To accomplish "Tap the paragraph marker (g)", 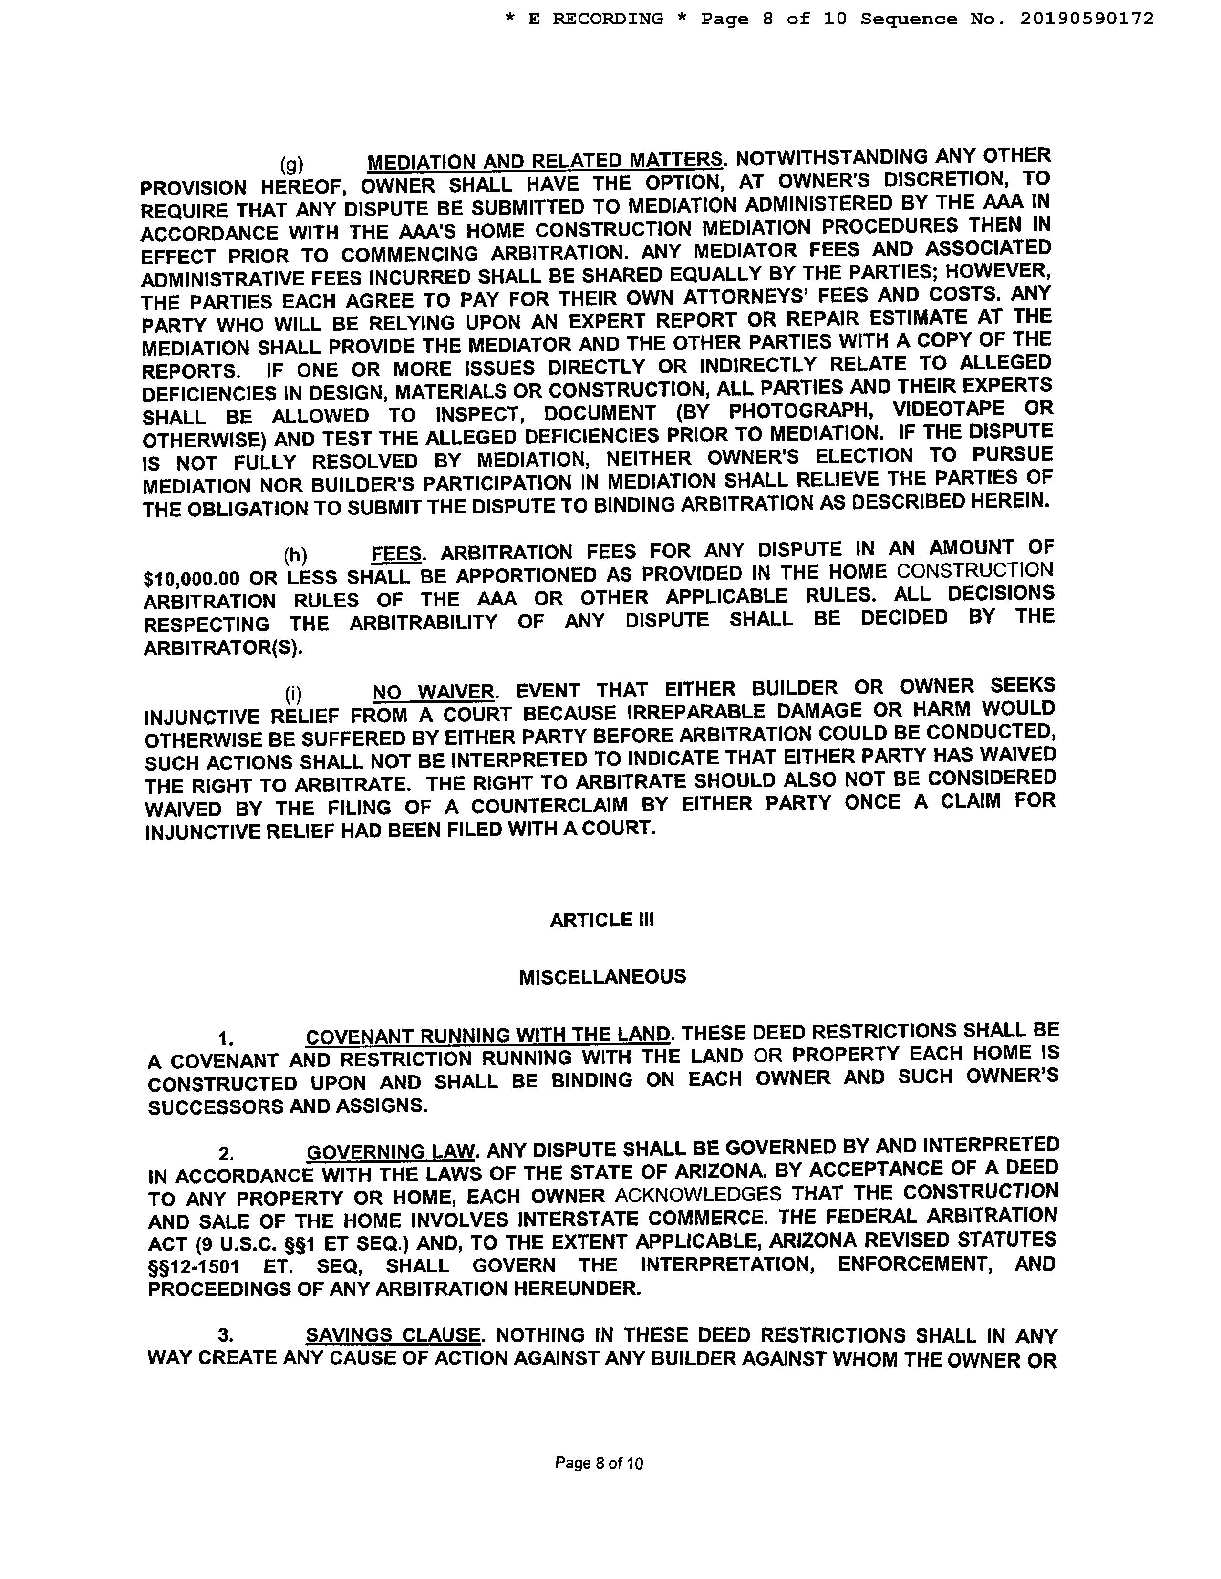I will tap(291, 164).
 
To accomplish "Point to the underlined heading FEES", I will tap(396, 554).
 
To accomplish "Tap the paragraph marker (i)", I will tap(293, 694).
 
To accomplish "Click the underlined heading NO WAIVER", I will tap(433, 692).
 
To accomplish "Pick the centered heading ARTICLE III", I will tap(602, 920).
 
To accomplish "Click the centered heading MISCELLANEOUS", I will tap(602, 977).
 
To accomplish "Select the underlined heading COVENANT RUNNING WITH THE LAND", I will tap(487, 1036).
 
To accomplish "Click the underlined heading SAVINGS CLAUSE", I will tap(392, 1335).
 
